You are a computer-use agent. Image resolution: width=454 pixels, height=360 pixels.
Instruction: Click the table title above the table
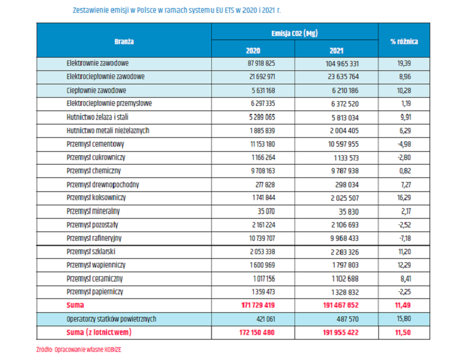click(x=176, y=10)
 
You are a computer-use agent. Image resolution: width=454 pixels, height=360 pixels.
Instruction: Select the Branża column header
click(x=124, y=42)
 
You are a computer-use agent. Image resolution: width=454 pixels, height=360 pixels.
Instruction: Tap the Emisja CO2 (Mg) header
click(x=295, y=33)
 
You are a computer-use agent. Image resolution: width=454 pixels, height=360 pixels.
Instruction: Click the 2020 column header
click(x=253, y=51)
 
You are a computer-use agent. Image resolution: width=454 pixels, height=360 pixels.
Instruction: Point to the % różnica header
click(x=404, y=42)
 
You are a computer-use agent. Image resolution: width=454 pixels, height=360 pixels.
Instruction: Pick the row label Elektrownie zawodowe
click(x=98, y=63)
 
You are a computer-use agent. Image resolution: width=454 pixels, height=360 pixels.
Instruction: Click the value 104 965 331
click(x=342, y=63)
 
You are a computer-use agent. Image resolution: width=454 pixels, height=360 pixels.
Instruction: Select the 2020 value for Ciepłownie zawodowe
click(x=263, y=91)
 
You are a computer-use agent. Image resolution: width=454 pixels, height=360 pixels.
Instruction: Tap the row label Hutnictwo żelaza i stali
click(x=97, y=117)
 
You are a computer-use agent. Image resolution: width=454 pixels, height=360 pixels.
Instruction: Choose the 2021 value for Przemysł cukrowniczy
click(x=346, y=158)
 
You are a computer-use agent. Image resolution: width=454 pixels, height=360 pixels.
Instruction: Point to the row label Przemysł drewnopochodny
click(x=103, y=184)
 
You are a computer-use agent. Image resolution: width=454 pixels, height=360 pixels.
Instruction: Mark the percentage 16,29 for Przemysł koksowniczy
click(x=404, y=198)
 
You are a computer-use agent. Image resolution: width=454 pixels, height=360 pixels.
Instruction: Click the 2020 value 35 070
click(x=266, y=212)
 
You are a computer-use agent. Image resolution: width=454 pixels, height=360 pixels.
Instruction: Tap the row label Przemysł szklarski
click(x=91, y=251)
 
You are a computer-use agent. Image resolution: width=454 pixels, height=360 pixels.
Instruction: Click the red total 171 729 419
click(x=258, y=305)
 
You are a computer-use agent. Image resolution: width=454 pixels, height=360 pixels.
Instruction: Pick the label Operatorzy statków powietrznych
click(x=112, y=319)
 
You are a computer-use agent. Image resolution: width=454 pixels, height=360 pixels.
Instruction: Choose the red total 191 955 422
click(x=340, y=333)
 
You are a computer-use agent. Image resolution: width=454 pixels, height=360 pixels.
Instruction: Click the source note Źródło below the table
click(x=79, y=350)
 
